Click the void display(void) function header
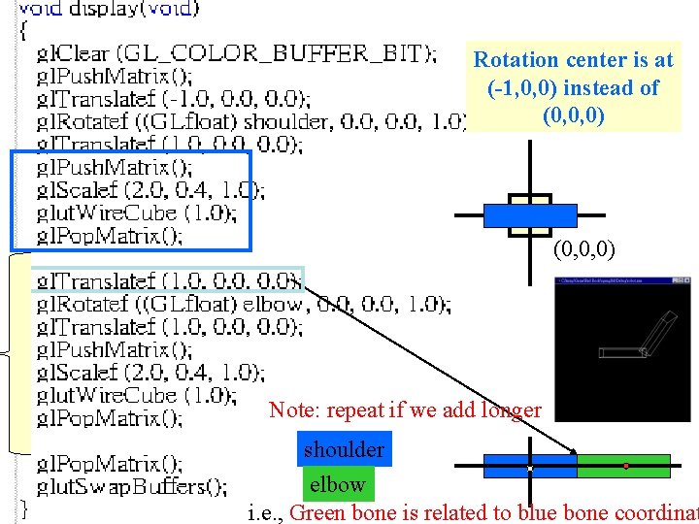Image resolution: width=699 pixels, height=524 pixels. (x=108, y=10)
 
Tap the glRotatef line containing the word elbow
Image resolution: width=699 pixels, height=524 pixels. (x=243, y=304)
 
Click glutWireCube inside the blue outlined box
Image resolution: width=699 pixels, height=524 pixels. (x=136, y=213)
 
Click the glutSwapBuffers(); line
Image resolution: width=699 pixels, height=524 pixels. (x=132, y=485)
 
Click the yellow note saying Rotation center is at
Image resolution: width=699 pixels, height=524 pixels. (x=573, y=88)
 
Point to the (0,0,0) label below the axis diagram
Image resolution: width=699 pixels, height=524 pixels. (x=583, y=250)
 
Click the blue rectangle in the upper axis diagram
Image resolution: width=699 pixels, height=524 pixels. (x=530, y=213)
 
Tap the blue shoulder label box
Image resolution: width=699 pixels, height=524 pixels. (x=344, y=449)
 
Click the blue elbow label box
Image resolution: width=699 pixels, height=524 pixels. (x=337, y=483)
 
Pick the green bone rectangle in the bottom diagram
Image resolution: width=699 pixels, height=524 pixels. (x=623, y=467)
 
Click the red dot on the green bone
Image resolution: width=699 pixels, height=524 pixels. (x=626, y=467)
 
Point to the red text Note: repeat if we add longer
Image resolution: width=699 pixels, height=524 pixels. (x=405, y=409)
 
